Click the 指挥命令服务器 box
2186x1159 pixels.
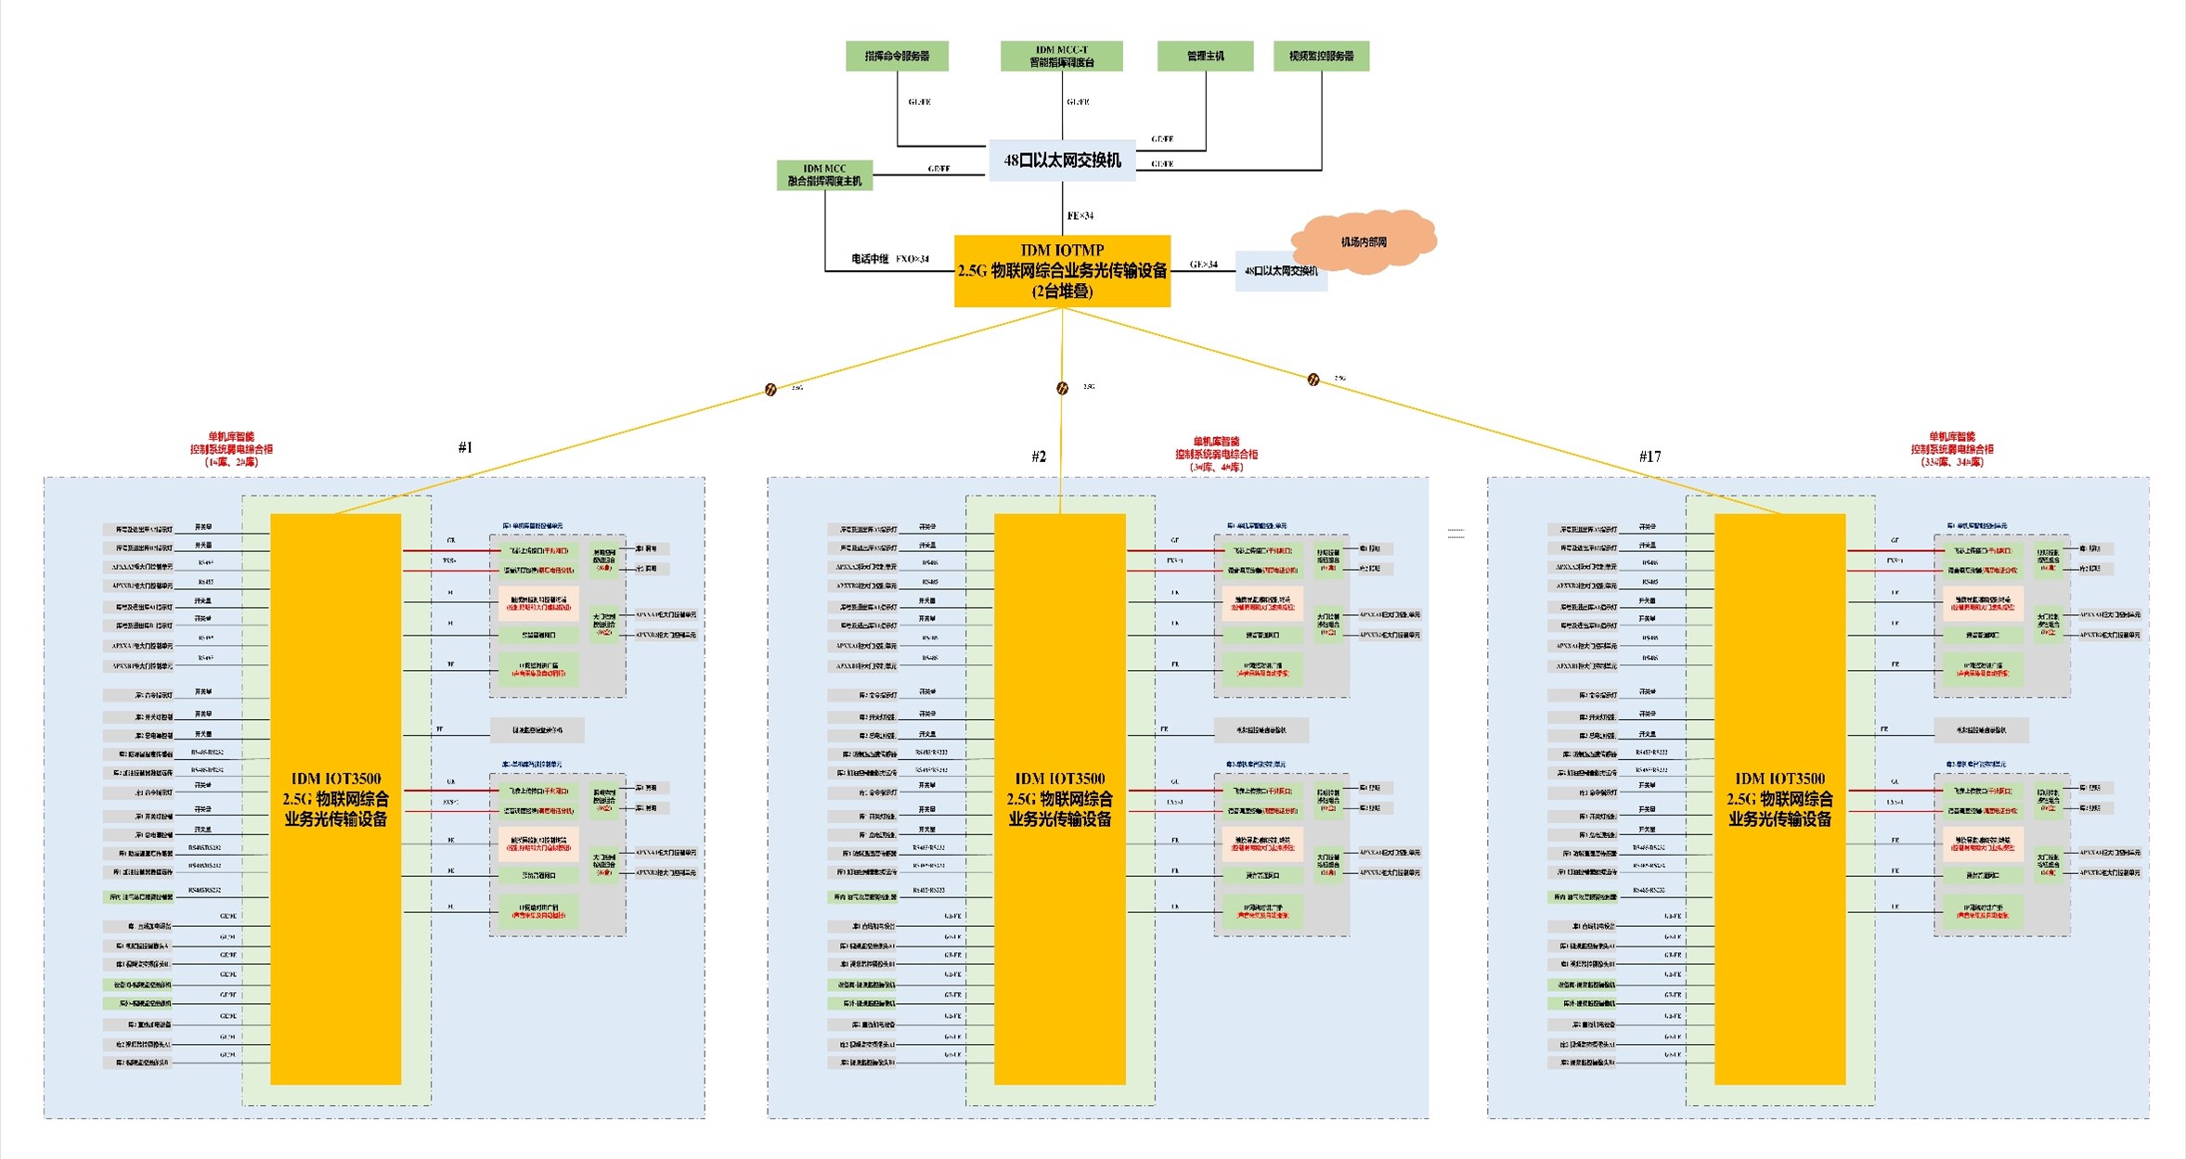(x=897, y=56)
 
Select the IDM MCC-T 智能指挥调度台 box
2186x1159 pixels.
(x=1061, y=56)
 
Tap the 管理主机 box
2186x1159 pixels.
(x=1205, y=56)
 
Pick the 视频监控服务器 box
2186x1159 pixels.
(x=1321, y=56)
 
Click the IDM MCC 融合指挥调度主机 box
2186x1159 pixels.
(x=824, y=175)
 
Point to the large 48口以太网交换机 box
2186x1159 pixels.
(x=1062, y=161)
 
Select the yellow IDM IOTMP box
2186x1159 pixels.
(x=1062, y=271)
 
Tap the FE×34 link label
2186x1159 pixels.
(x=1080, y=216)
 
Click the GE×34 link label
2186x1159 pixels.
(x=1203, y=264)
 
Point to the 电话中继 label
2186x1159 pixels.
(x=870, y=259)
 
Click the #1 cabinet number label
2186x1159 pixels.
(x=465, y=447)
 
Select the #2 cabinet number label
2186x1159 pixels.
(x=1039, y=457)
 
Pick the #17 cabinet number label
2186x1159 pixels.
(x=1649, y=457)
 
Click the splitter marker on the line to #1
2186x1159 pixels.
(x=770, y=390)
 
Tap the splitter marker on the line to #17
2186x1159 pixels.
(x=1313, y=380)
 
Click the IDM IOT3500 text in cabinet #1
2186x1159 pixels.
(x=336, y=779)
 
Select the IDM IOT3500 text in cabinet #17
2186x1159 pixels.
(x=1779, y=779)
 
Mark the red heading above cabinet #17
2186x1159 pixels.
(x=1951, y=449)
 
